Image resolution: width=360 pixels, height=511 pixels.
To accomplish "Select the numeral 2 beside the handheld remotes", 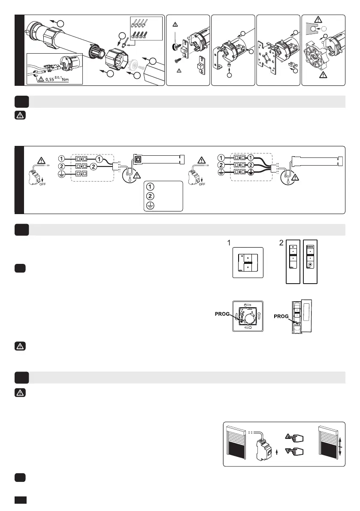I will (281, 242).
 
